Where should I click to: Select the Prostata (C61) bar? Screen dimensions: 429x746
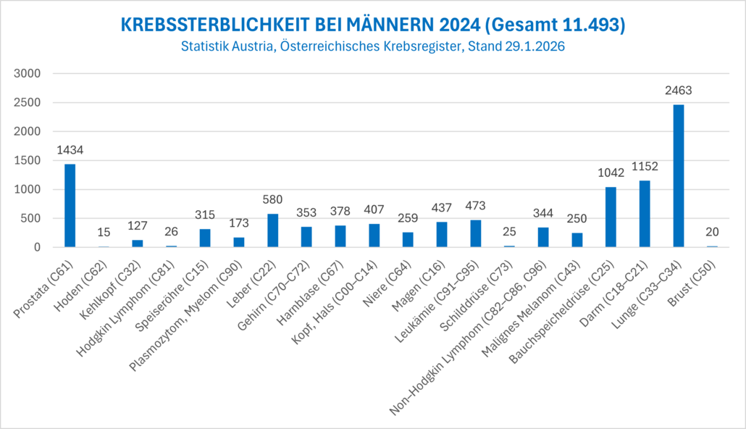tap(70, 206)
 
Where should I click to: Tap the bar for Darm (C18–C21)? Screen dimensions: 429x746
tap(645, 214)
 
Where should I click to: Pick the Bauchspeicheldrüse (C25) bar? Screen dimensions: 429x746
tap(611, 217)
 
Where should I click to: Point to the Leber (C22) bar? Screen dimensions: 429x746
tap(272, 230)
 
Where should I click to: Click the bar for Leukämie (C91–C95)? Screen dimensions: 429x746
tap(475, 233)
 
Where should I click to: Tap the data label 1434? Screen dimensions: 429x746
tap(70, 150)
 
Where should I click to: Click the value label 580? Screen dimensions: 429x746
tap(272, 199)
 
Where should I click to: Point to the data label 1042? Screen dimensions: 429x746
tap(611, 172)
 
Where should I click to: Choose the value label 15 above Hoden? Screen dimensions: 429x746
tap(104, 232)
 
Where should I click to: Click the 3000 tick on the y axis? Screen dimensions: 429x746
tap(31, 74)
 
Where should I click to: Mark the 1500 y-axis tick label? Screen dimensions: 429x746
tap(31, 161)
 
